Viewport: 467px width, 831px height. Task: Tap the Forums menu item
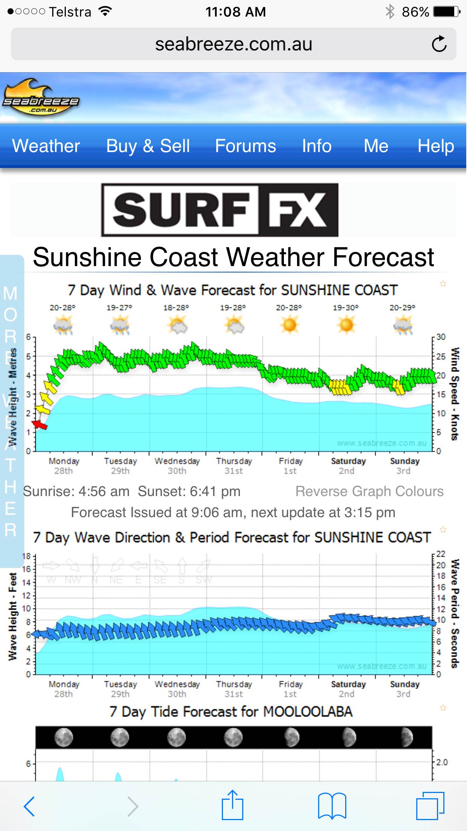[245, 146]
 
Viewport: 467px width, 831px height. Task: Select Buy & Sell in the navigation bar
[148, 146]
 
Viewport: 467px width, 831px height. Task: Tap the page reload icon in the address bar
[439, 44]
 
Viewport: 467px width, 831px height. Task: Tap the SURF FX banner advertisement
[220, 210]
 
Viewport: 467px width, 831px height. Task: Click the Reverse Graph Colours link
[369, 491]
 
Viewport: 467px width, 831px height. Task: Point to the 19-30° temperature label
[346, 307]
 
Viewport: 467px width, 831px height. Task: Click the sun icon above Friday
[290, 324]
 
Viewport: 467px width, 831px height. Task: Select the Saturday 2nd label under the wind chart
[348, 466]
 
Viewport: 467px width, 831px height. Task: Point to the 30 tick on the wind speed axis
[441, 337]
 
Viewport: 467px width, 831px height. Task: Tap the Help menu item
[435, 146]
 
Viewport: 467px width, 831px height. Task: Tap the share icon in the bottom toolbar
[232, 805]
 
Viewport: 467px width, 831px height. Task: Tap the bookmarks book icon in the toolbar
[332, 806]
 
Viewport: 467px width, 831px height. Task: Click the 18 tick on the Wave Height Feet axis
[26, 556]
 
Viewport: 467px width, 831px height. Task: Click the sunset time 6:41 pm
[215, 491]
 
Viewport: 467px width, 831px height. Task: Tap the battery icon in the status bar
[446, 12]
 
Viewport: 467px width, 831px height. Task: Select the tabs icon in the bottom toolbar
[430, 806]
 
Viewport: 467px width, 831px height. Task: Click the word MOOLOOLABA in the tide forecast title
[308, 712]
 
